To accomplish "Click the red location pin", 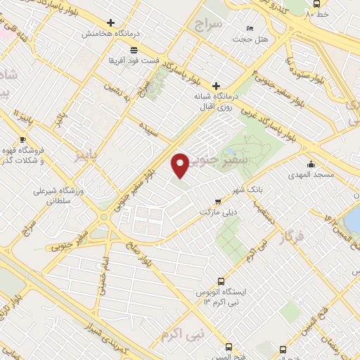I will tap(180, 165).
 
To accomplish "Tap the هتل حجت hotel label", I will tap(255, 39).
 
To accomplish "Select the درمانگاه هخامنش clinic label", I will tap(106, 34).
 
